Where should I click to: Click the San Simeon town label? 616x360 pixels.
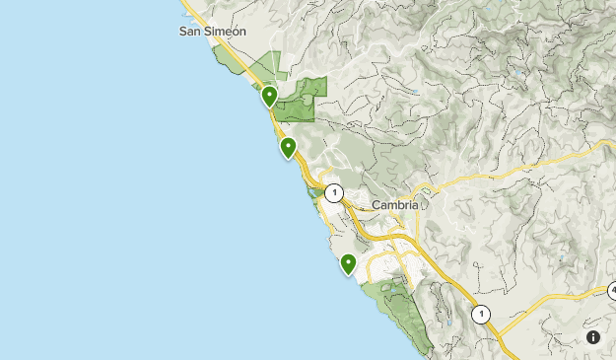[212, 31]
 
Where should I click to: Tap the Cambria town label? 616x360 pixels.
[395, 205]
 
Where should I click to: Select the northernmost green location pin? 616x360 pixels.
[269, 96]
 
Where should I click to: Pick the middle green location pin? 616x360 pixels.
[289, 148]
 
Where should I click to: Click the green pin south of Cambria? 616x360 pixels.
[348, 263]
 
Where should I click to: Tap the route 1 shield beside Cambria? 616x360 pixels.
[334, 192]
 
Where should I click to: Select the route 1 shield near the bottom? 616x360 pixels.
[480, 315]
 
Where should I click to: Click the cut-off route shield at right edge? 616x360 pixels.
[611, 291]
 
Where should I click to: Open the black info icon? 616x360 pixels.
[593, 337]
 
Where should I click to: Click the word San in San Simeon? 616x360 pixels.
[191, 31]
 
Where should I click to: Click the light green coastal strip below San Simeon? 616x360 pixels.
[232, 61]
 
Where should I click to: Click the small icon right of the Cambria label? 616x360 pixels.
[425, 204]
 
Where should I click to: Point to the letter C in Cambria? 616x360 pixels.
[376, 205]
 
